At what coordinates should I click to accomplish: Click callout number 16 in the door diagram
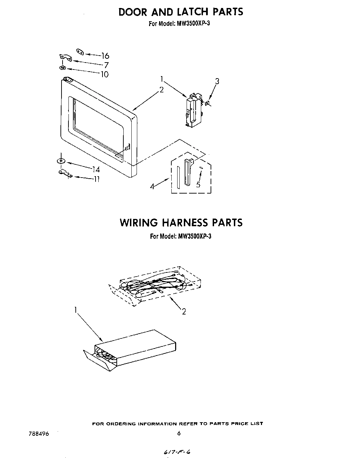pyautogui.click(x=105, y=56)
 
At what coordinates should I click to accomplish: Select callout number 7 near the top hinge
pyautogui.click(x=106, y=65)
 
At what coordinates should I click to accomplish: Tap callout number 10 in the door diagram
pyautogui.click(x=104, y=74)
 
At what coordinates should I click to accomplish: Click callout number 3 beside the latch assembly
pyautogui.click(x=217, y=82)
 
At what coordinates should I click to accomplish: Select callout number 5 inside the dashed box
pyautogui.click(x=198, y=184)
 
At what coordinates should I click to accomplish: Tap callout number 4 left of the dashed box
pyautogui.click(x=152, y=187)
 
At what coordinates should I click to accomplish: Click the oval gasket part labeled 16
pyautogui.click(x=80, y=51)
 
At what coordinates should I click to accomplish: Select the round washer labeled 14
pyautogui.click(x=61, y=161)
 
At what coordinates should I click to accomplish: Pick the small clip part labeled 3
pyautogui.click(x=207, y=103)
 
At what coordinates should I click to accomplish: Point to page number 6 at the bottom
pyautogui.click(x=179, y=433)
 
